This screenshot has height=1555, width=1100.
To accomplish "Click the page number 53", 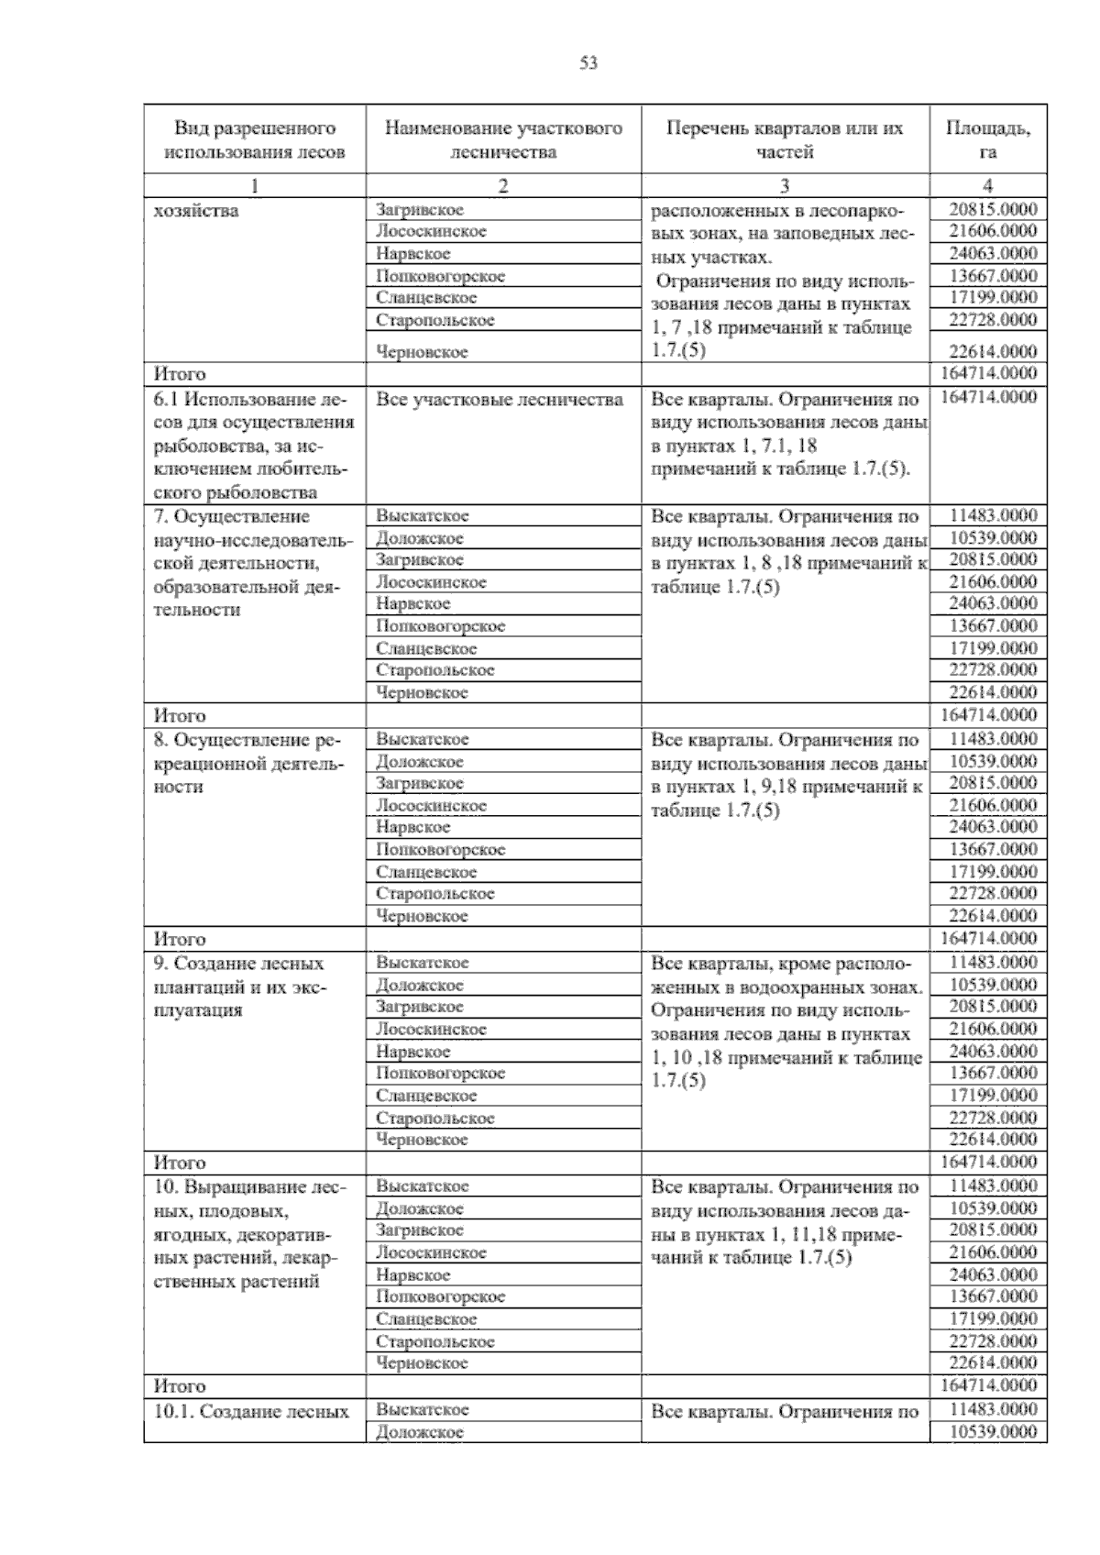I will (588, 63).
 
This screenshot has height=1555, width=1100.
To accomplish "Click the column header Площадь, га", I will (987, 139).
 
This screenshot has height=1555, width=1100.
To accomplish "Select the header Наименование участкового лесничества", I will (503, 139).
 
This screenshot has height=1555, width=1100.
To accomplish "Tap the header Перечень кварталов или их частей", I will (785, 139).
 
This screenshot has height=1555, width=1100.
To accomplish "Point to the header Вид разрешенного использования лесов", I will (255, 139).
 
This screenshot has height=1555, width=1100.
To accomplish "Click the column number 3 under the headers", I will (785, 186).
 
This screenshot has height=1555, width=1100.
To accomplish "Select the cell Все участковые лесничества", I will (500, 400).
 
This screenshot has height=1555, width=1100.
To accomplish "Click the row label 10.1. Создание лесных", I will (252, 1412).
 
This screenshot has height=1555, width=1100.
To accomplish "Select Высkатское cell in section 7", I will (423, 516).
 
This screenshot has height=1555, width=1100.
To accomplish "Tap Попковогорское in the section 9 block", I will (441, 1074).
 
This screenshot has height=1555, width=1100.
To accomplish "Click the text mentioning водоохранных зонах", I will (786, 987).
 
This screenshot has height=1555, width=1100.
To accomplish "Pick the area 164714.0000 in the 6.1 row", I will (988, 397).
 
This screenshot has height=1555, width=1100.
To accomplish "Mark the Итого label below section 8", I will (181, 939).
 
